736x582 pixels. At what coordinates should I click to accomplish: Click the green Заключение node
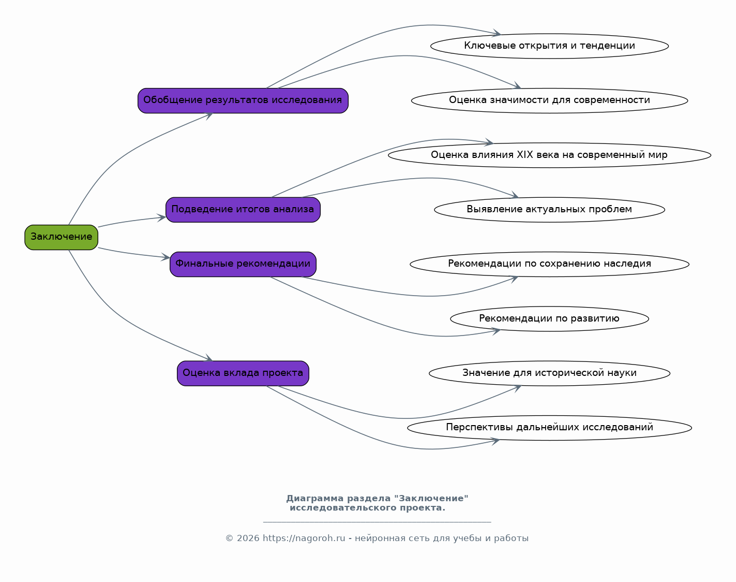[x=61, y=237]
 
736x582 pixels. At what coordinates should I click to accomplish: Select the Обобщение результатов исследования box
[x=243, y=100]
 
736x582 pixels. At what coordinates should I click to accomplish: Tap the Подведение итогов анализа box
[x=243, y=210]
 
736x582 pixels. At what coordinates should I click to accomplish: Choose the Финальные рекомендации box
[x=243, y=264]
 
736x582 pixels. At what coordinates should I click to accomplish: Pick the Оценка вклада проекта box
[x=243, y=373]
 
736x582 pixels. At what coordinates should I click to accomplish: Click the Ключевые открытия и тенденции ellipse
[x=549, y=46]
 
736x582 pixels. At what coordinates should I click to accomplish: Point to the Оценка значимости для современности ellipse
[x=549, y=100]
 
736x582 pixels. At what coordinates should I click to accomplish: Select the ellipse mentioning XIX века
[x=549, y=155]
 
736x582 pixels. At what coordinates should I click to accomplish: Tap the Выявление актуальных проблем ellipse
[x=549, y=210]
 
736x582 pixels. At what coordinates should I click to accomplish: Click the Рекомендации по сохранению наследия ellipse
[x=549, y=264]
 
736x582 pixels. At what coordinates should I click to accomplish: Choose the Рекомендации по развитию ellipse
[x=549, y=319]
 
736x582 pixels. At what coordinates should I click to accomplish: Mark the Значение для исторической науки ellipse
[x=549, y=373]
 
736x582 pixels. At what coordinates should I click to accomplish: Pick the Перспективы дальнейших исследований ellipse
[x=549, y=428]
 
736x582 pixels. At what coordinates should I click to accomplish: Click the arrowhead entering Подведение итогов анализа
[x=161, y=217]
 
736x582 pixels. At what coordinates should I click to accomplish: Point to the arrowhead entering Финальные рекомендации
[x=166, y=257]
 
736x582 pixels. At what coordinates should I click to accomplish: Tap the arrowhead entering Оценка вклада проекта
[x=208, y=357]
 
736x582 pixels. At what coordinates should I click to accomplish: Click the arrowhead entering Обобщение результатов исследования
[x=208, y=115]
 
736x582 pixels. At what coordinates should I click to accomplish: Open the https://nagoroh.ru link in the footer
[x=304, y=538]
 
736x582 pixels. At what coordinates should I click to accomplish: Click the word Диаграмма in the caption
[x=314, y=499]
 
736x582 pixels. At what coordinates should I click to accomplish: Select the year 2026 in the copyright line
[x=248, y=538]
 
